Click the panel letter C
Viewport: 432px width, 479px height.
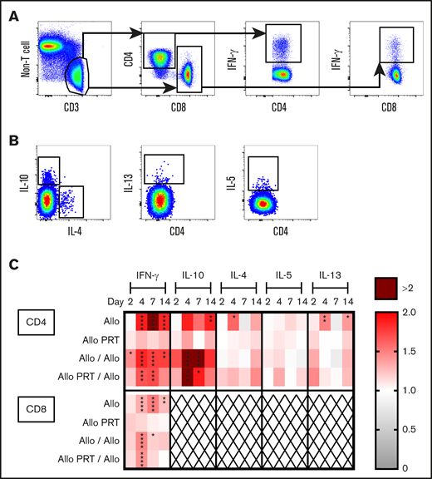(9, 265)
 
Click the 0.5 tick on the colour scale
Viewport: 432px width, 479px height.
(420, 429)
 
